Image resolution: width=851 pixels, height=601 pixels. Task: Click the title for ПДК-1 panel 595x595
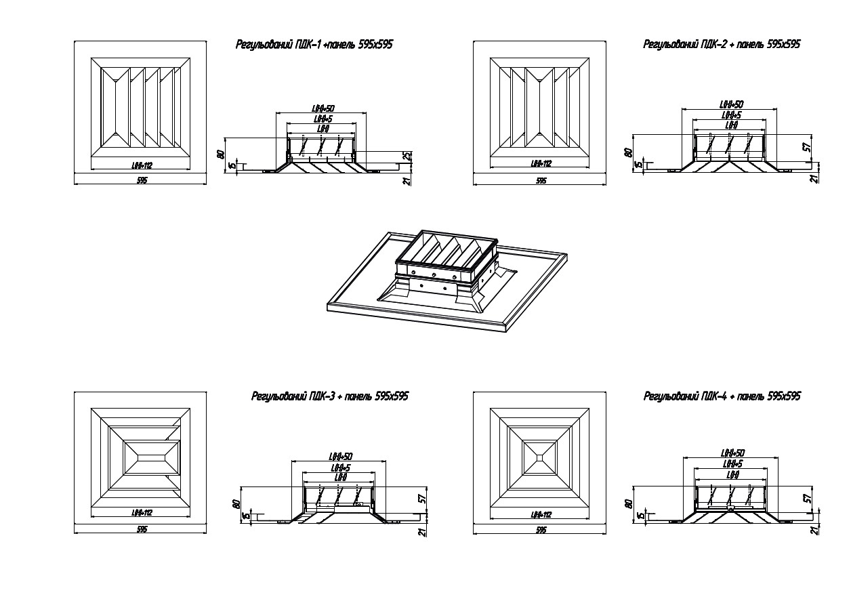coord(314,45)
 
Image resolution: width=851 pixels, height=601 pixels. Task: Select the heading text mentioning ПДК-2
coord(722,45)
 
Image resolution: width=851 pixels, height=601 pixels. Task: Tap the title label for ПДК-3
coord(329,396)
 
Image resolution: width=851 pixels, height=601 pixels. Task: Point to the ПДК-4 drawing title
coord(722,396)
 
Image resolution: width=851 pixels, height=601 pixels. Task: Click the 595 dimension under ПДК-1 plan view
coord(142,180)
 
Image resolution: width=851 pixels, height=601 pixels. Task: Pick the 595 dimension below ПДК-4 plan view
coord(541,531)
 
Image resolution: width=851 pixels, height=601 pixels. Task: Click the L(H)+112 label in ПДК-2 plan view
coord(541,163)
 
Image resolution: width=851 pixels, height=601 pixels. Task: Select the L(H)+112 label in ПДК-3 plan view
coord(142,514)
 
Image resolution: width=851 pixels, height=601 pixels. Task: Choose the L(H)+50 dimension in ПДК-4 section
coord(732,453)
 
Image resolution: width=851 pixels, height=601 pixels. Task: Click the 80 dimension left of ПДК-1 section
coord(220,154)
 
